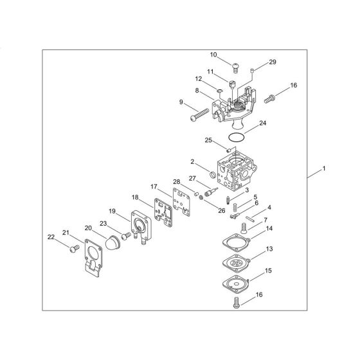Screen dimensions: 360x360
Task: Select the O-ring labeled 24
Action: (237, 137)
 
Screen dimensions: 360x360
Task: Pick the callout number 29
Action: (272, 62)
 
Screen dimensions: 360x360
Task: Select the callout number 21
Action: (65, 232)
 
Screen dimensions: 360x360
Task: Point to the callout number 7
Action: (265, 220)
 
